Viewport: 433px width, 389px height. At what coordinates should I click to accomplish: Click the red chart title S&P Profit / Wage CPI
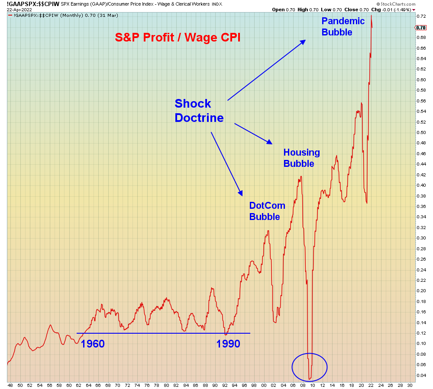(x=178, y=37)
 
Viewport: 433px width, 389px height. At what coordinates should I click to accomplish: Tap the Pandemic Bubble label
(x=343, y=26)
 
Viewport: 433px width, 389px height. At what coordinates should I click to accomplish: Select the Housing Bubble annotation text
(x=301, y=158)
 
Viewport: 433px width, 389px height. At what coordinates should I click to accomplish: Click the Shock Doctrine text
(x=199, y=110)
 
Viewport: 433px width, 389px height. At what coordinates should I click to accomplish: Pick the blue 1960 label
(x=93, y=344)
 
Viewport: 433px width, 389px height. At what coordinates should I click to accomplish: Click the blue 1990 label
(x=228, y=344)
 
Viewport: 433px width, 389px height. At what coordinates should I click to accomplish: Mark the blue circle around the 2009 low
(x=310, y=367)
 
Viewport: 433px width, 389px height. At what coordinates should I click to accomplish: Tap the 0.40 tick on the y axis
(x=421, y=185)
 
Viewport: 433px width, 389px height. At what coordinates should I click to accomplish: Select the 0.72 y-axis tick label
(x=421, y=16)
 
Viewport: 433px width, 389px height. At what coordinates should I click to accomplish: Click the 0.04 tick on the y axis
(x=421, y=375)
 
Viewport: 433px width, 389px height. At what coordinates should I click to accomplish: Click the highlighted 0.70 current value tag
(x=421, y=28)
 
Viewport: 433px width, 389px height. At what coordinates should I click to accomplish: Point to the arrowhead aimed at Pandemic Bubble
(x=304, y=41)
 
